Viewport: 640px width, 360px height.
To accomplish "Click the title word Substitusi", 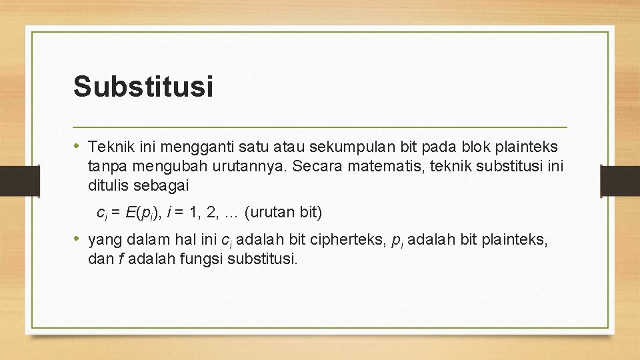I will point(143,87).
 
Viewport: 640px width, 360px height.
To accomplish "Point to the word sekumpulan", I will point(343,146).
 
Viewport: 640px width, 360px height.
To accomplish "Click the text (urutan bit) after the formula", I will point(283,213).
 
